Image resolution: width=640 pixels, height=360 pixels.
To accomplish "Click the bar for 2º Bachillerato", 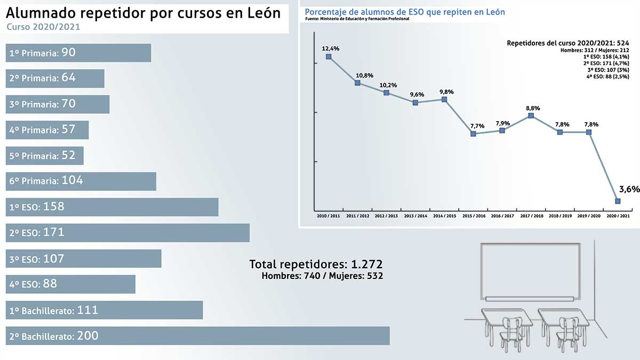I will (197, 336).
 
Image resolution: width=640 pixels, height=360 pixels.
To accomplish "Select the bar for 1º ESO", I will (112, 207).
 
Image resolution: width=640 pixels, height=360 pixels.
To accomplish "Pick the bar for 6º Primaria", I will (80, 181).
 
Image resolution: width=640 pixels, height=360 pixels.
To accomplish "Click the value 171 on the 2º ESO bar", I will (53, 233).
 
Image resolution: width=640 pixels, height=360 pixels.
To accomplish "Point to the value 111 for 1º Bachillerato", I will (87, 310).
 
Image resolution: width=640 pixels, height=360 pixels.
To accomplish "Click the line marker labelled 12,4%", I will (329, 57).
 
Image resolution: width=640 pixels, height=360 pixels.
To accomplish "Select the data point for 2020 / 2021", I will (618, 201).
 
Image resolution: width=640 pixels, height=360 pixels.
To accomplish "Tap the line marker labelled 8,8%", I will (531, 116).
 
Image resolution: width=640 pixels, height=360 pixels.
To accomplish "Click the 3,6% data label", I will (629, 189).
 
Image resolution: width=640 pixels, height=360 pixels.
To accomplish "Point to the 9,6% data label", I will (417, 94).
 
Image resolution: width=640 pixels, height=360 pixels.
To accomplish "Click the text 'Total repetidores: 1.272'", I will (316, 264).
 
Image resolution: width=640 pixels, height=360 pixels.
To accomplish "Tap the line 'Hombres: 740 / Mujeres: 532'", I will (322, 276).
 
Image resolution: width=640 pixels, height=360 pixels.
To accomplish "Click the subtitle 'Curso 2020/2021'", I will (43, 27).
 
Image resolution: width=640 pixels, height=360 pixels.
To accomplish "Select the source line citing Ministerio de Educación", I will (357, 19).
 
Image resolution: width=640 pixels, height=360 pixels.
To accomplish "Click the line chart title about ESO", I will (405, 11).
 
